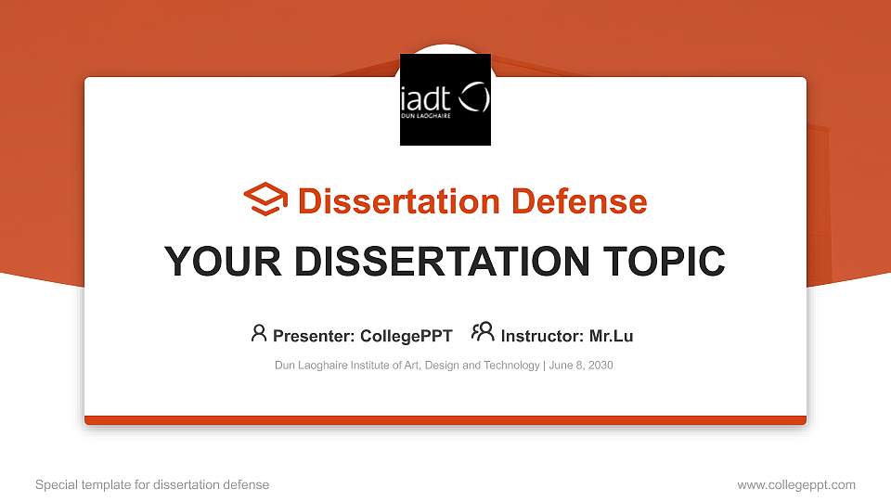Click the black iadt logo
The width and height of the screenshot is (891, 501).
click(445, 99)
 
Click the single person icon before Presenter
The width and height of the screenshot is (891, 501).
click(259, 333)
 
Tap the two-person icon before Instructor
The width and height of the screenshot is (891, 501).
click(483, 332)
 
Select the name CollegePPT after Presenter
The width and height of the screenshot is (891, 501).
click(406, 336)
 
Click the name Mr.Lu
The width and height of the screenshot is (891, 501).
click(611, 336)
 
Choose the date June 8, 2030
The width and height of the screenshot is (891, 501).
click(581, 366)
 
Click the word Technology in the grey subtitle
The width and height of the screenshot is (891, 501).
click(513, 366)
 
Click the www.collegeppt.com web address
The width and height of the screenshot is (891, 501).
click(796, 484)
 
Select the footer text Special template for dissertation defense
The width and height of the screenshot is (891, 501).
click(152, 484)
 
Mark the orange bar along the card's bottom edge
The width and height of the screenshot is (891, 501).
click(445, 420)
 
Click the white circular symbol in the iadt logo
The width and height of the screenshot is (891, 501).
click(474, 97)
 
